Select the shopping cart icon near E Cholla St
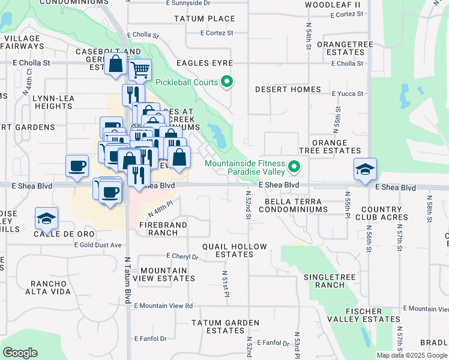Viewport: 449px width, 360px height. point(140,70)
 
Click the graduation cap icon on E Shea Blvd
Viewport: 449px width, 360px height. point(364,170)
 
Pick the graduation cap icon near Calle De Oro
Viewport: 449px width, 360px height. point(46,219)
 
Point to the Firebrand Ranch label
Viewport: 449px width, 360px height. point(163,229)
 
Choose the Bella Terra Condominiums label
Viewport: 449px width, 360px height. point(293,205)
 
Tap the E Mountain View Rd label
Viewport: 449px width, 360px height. point(163,306)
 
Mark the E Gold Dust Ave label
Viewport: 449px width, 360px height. point(98,245)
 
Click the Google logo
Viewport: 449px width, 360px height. point(20,353)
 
